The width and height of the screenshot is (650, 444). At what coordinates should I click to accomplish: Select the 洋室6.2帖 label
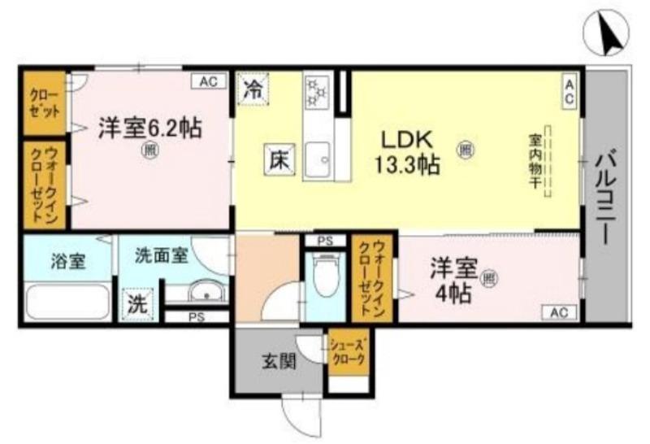(150, 128)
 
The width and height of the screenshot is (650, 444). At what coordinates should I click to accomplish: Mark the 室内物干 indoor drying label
(537, 163)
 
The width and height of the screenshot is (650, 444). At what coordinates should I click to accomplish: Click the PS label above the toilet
(325, 241)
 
